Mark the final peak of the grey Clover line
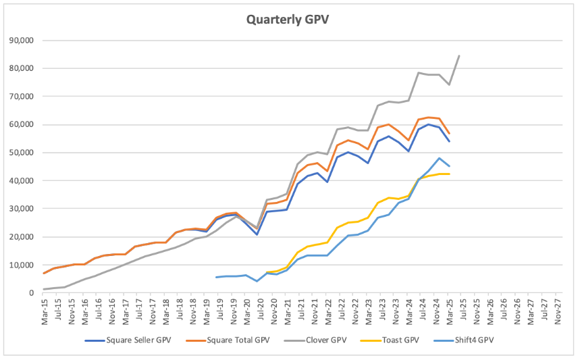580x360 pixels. [460, 55]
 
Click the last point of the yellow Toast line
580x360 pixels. [450, 174]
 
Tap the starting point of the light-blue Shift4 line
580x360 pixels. [216, 277]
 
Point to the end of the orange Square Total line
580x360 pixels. [450, 134]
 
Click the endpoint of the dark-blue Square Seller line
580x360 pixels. [450, 141]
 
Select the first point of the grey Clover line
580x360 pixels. [45, 289]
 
